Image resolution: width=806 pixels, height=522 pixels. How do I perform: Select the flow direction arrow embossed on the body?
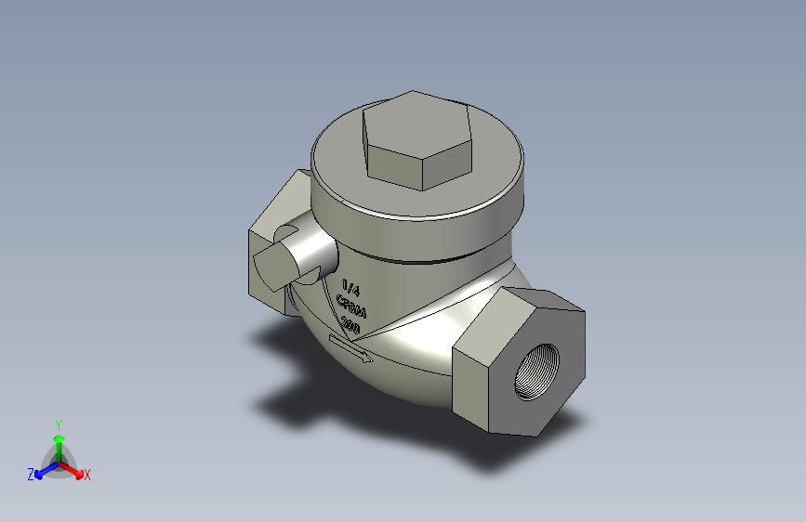(x=351, y=349)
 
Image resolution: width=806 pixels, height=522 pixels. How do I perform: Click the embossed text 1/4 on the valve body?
(x=350, y=287)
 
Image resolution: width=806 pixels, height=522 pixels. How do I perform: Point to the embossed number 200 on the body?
(x=350, y=324)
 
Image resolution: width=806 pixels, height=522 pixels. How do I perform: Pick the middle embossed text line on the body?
(x=350, y=306)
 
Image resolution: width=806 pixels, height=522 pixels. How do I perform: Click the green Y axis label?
(x=58, y=424)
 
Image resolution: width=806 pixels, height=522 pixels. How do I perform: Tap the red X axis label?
(x=87, y=475)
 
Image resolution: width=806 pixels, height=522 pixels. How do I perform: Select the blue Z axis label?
(x=31, y=475)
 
